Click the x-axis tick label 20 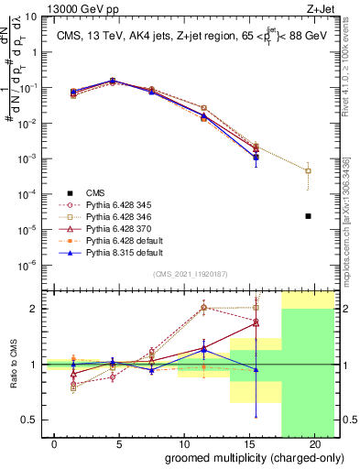pos(315,444)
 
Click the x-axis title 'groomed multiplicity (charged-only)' pos(242,458)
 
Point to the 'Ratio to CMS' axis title pos(11,365)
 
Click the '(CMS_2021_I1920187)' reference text pos(191,274)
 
